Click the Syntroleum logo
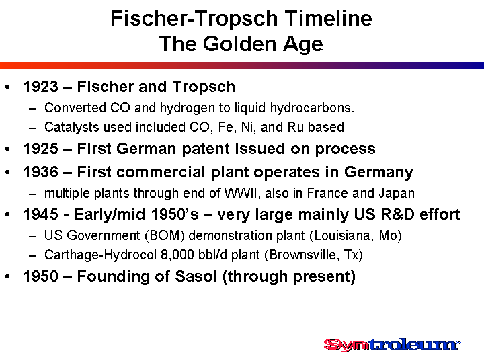tap(392, 344)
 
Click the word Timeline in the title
tap(329, 18)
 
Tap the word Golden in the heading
tap(241, 44)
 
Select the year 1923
tap(41, 87)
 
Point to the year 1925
tap(41, 149)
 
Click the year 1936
tap(41, 172)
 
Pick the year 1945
tap(41, 214)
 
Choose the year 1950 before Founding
tap(41, 276)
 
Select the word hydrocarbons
tap(312, 108)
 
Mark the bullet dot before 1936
tap(7, 172)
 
